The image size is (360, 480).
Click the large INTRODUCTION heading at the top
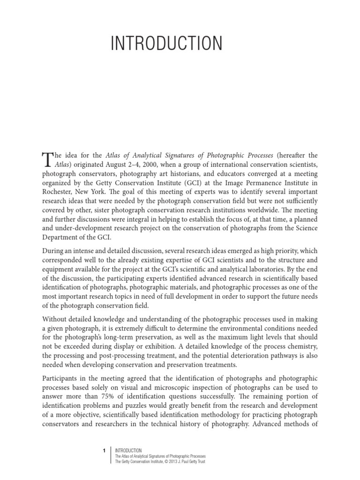tap(166, 44)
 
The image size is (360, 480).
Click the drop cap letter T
tap(48, 159)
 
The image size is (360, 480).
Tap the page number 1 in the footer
tap(104, 451)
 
